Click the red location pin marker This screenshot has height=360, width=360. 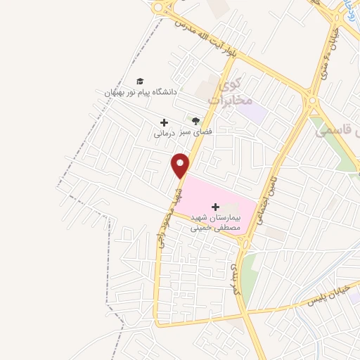tap(181, 165)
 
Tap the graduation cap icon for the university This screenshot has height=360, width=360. tap(140, 81)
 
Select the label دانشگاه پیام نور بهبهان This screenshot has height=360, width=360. tap(141, 92)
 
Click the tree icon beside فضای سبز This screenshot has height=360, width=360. tap(196, 121)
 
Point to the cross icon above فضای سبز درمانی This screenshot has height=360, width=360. tap(164, 122)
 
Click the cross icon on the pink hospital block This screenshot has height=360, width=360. tap(215, 207)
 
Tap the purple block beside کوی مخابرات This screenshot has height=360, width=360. tap(257, 111)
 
